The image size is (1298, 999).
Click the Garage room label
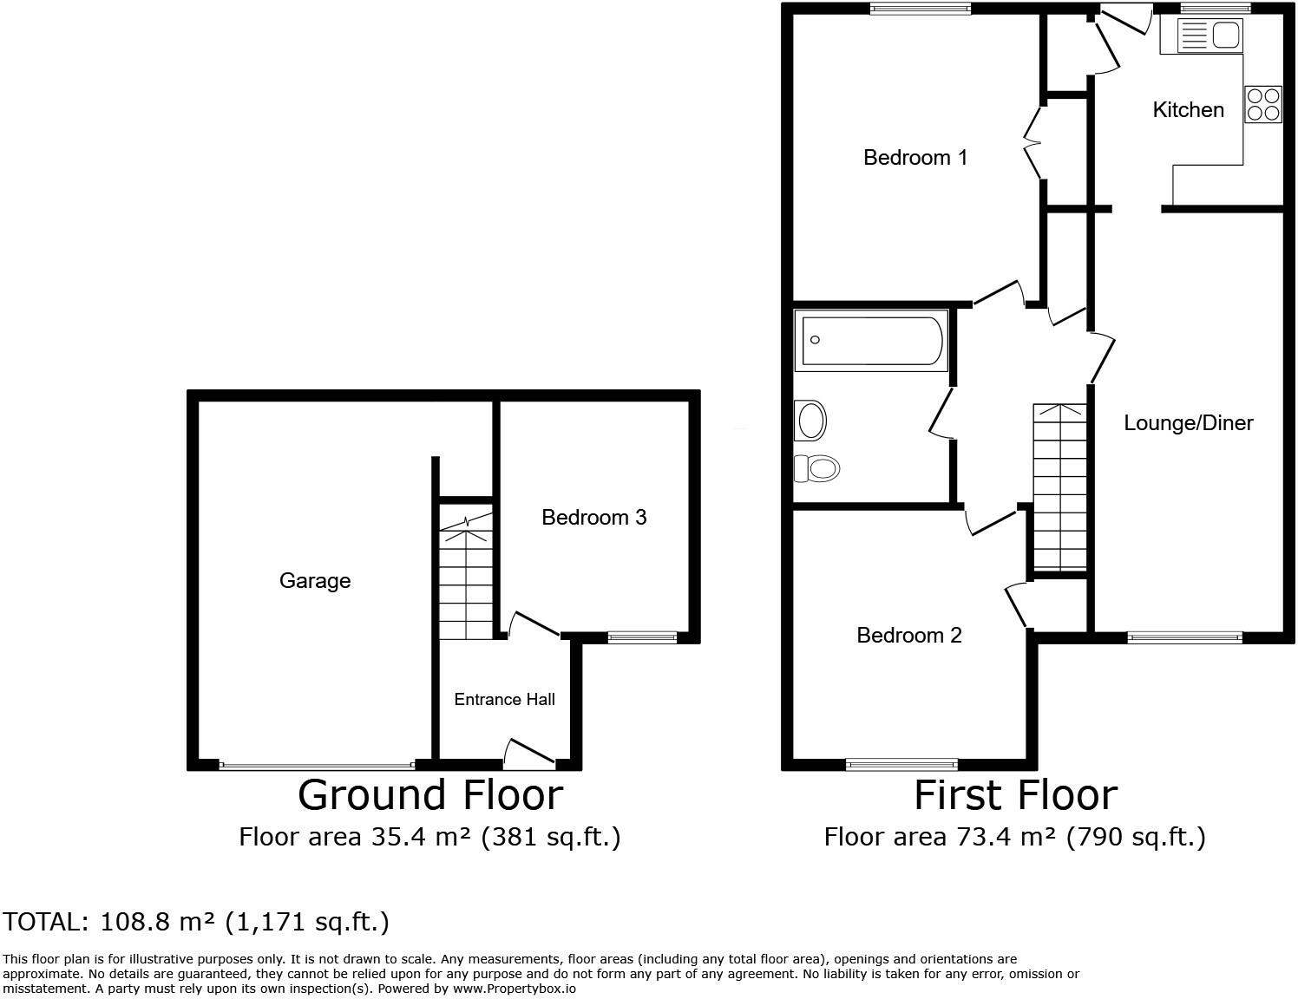click(x=315, y=580)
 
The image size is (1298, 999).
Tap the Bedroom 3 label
click(x=593, y=517)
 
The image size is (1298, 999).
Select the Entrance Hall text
click(x=504, y=699)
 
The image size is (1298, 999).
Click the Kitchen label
click(x=1188, y=109)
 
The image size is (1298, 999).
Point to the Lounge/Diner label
click(x=1188, y=422)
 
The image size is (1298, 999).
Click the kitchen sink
click(x=1211, y=36)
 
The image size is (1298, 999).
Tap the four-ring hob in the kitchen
click(x=1262, y=104)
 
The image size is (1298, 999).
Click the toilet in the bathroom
click(x=816, y=469)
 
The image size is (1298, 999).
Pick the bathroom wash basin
click(x=811, y=421)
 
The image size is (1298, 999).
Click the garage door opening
click(x=317, y=766)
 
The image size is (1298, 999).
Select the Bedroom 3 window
click(x=642, y=638)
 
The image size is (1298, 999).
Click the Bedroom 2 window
click(x=901, y=764)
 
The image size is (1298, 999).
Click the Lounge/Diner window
click(x=1184, y=638)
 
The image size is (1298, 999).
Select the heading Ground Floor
click(x=430, y=794)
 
